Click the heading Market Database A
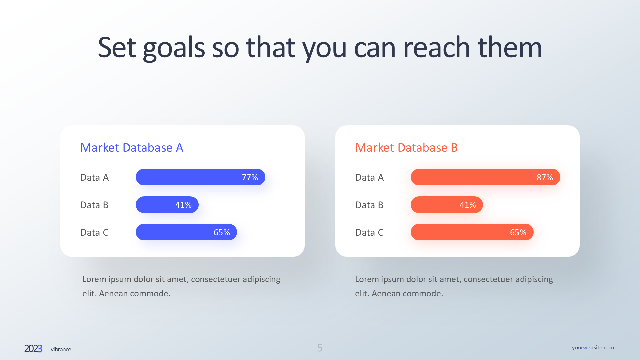coord(132,148)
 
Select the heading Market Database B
coord(406,148)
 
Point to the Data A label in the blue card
coord(94,177)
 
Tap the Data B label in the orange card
coord(369,205)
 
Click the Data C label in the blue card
coord(94,232)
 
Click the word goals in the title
coord(174,48)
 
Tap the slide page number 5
coord(320,348)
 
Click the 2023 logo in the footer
coord(33,349)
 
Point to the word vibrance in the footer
coord(61,349)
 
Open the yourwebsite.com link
coord(593,347)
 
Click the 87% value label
coord(545,177)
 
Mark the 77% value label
coord(250,177)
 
